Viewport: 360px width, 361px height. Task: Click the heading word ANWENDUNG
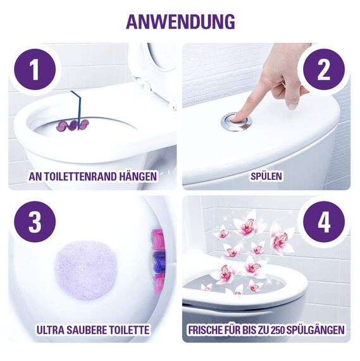(x=180, y=20)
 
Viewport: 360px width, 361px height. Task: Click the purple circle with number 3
(x=34, y=222)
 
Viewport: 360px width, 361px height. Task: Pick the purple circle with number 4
(x=325, y=222)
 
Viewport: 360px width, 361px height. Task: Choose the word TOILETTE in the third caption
(x=129, y=329)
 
